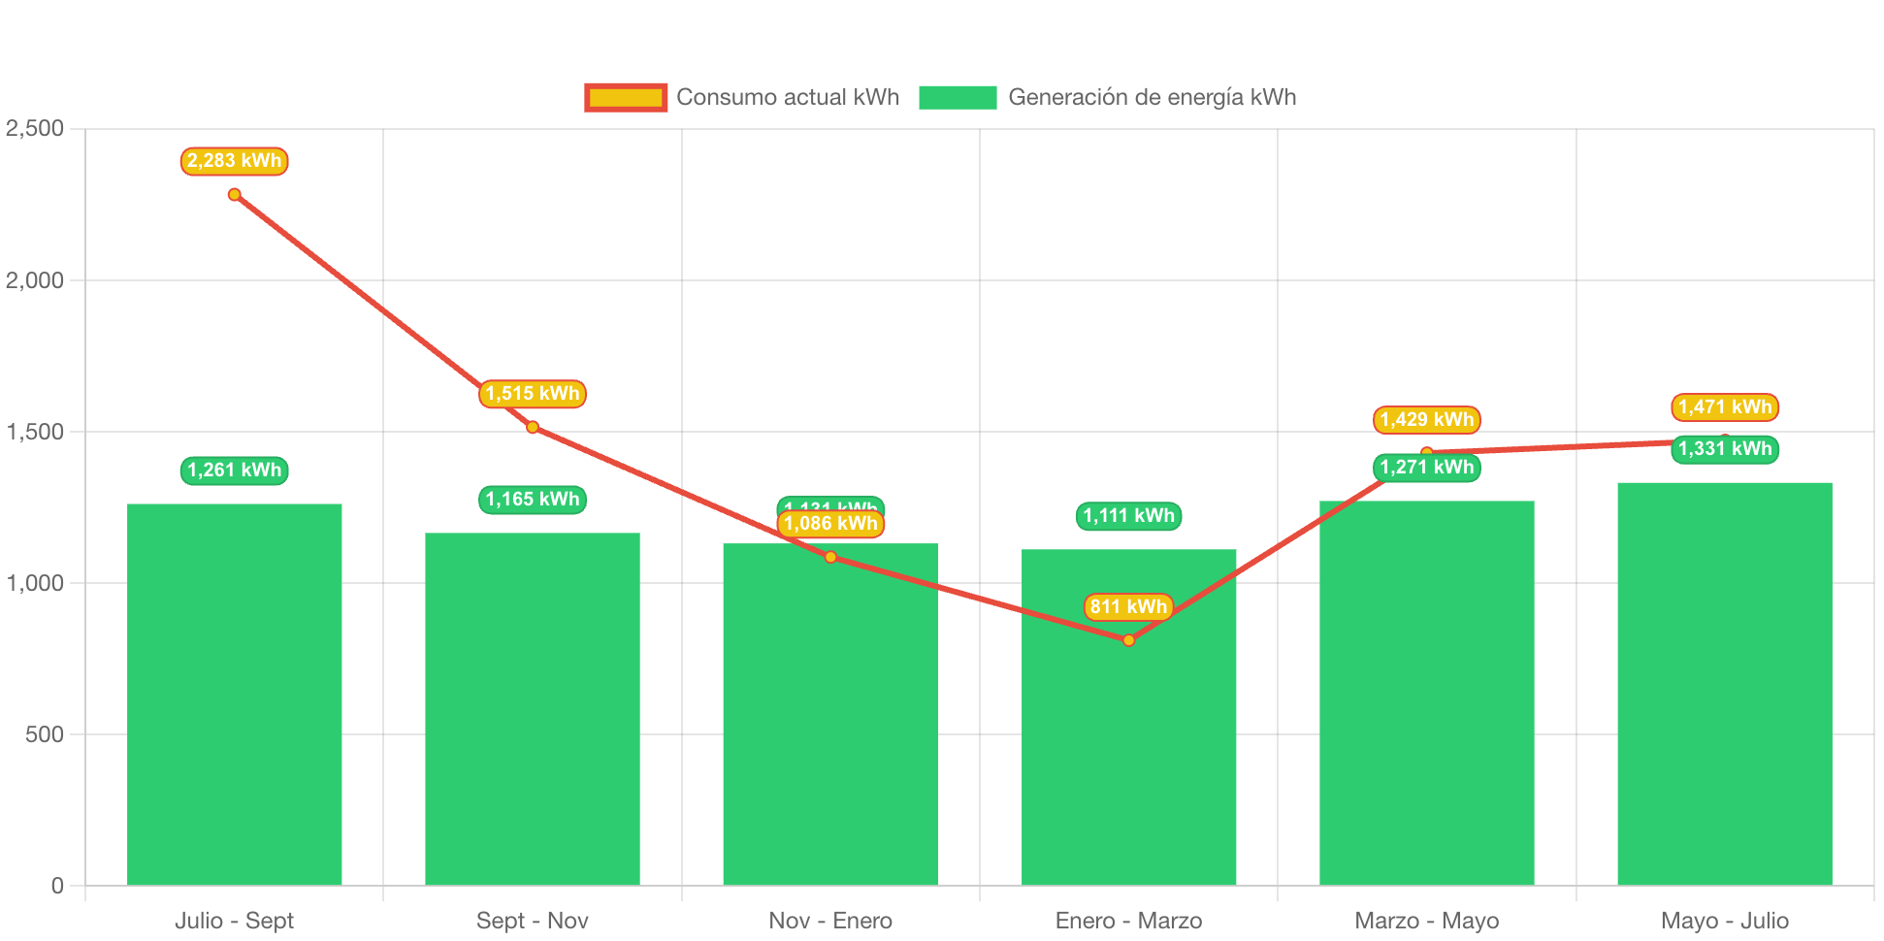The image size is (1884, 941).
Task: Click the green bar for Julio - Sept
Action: pos(234,694)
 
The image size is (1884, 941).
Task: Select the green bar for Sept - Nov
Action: pos(532,708)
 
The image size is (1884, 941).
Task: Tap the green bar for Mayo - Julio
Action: pos(1724,683)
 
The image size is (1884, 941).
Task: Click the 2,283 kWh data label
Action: pos(234,161)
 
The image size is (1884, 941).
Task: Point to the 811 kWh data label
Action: pos(1128,607)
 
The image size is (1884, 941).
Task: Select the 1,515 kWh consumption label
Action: pos(532,394)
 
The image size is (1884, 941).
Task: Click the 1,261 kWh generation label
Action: pos(234,470)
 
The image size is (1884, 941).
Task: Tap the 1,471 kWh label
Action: pos(1724,407)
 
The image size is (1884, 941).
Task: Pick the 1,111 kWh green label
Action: pos(1128,516)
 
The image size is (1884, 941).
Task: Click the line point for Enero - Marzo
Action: pos(1128,640)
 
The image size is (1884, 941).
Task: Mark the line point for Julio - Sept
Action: pos(234,195)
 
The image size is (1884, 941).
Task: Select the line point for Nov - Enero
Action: pos(830,557)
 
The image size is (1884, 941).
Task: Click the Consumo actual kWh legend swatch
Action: pos(626,97)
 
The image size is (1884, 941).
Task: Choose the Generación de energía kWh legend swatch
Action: pos(958,97)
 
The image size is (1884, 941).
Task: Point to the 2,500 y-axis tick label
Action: pos(35,128)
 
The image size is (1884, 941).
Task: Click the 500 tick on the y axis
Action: pos(45,734)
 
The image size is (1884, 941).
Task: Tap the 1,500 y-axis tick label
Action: pos(35,432)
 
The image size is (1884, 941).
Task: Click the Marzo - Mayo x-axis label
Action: pos(1426,921)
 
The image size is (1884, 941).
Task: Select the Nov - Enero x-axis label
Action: pos(830,921)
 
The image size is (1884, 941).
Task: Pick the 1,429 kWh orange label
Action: pos(1426,420)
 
